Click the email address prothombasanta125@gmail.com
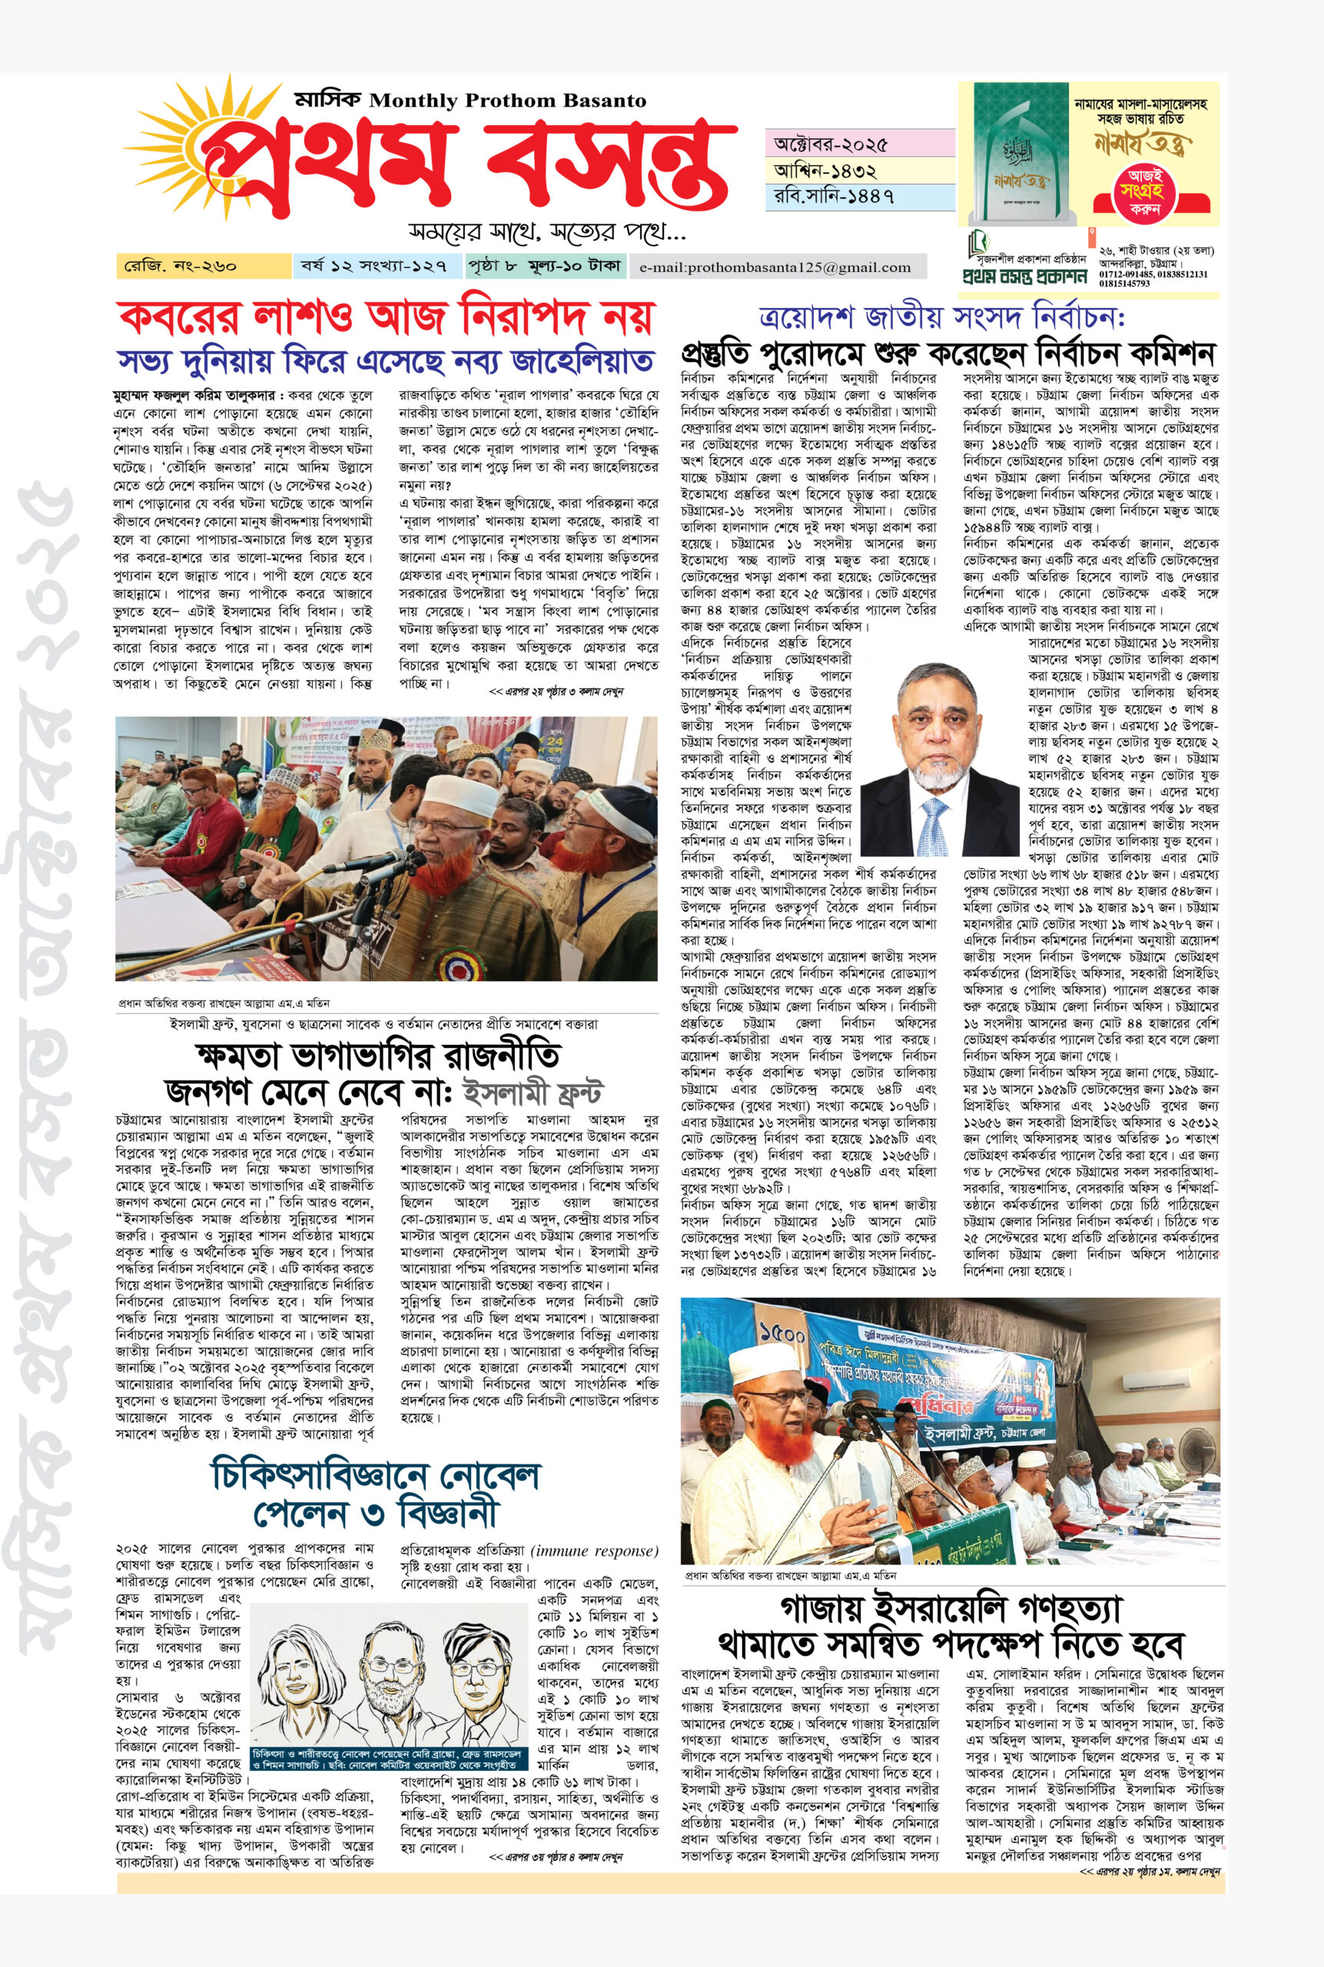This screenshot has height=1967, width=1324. pos(776,268)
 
